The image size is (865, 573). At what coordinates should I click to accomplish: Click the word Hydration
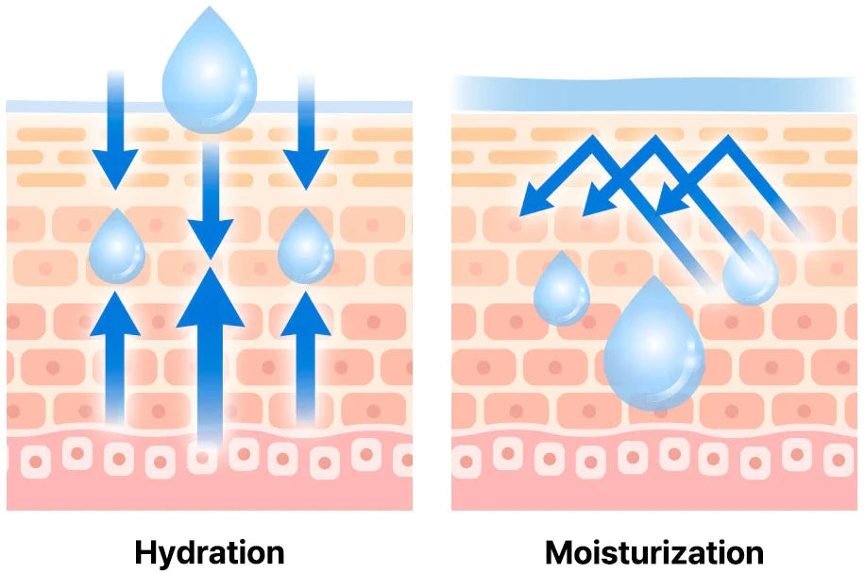click(x=209, y=551)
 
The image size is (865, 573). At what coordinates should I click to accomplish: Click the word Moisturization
click(x=654, y=551)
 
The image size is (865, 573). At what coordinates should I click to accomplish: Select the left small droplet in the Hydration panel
click(x=116, y=249)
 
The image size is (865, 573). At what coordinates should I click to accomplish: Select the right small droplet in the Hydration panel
click(x=305, y=249)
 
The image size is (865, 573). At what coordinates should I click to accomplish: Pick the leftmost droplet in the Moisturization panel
click(x=561, y=291)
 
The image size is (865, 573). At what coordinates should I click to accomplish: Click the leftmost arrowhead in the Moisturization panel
click(x=535, y=198)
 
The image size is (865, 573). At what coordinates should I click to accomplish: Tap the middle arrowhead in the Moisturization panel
click(x=597, y=199)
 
